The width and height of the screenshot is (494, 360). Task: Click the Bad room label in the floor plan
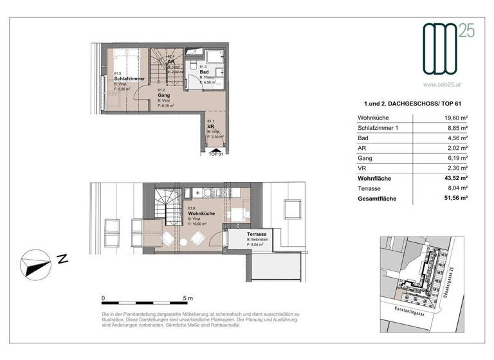203,71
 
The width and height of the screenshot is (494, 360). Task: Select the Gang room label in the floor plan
164,95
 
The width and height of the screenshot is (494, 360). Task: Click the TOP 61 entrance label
215,154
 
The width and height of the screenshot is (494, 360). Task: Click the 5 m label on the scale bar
188,298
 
